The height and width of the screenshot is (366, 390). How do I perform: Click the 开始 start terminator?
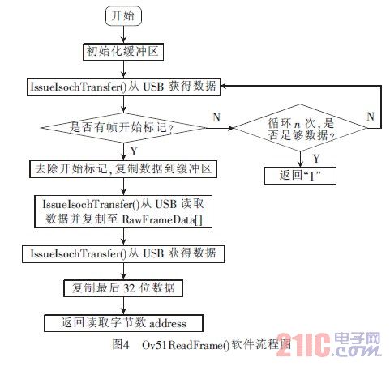click(123, 16)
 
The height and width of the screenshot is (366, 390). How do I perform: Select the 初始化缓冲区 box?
click(123, 52)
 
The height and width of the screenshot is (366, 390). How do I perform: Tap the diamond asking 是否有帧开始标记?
click(123, 127)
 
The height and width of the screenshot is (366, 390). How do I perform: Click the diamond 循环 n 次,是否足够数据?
click(301, 128)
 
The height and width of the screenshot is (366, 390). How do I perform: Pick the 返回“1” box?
click(300, 176)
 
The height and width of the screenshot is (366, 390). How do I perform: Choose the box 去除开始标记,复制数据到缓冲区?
click(123, 169)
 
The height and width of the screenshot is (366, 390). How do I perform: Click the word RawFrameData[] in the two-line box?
click(162, 219)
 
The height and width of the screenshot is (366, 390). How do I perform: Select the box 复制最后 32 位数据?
click(123, 288)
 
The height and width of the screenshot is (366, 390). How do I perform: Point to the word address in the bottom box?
click(168, 323)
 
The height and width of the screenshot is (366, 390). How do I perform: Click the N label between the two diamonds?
click(216, 117)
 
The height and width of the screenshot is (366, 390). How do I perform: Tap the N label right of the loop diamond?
click(371, 117)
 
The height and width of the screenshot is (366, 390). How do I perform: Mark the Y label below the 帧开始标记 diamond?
click(134, 151)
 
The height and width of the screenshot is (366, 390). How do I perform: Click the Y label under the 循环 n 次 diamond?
click(316, 159)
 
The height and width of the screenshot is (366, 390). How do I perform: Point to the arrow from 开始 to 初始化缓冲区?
click(123, 35)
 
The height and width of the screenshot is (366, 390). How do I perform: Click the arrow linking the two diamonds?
click(221, 128)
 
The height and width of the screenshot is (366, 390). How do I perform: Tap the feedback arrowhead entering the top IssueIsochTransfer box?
click(224, 87)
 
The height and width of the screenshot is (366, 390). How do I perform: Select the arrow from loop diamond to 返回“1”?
click(300, 160)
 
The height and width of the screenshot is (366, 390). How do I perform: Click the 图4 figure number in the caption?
click(121, 344)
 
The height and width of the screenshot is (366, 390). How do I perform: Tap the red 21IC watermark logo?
click(303, 345)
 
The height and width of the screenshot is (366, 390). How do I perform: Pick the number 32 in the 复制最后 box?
click(129, 288)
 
